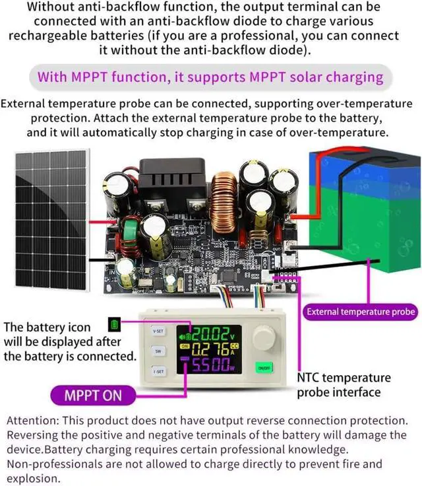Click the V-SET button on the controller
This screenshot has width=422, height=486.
coord(158,330)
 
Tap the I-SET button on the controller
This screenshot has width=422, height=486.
coord(158,372)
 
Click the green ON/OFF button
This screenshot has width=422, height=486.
coord(264,367)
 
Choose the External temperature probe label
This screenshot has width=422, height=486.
coord(361,312)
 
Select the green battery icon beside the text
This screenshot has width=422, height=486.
coord(114,326)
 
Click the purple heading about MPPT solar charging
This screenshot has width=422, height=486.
coord(210,77)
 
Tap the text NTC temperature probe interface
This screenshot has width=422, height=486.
coord(344,386)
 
